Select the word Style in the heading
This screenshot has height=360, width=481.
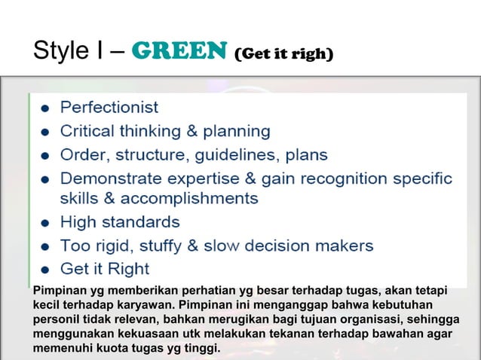[58, 53]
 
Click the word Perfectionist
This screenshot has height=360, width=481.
[109, 107]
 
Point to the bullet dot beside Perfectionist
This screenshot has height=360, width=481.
[45, 108]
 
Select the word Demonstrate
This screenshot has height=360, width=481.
[111, 179]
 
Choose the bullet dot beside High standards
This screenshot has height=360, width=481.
[45, 224]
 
